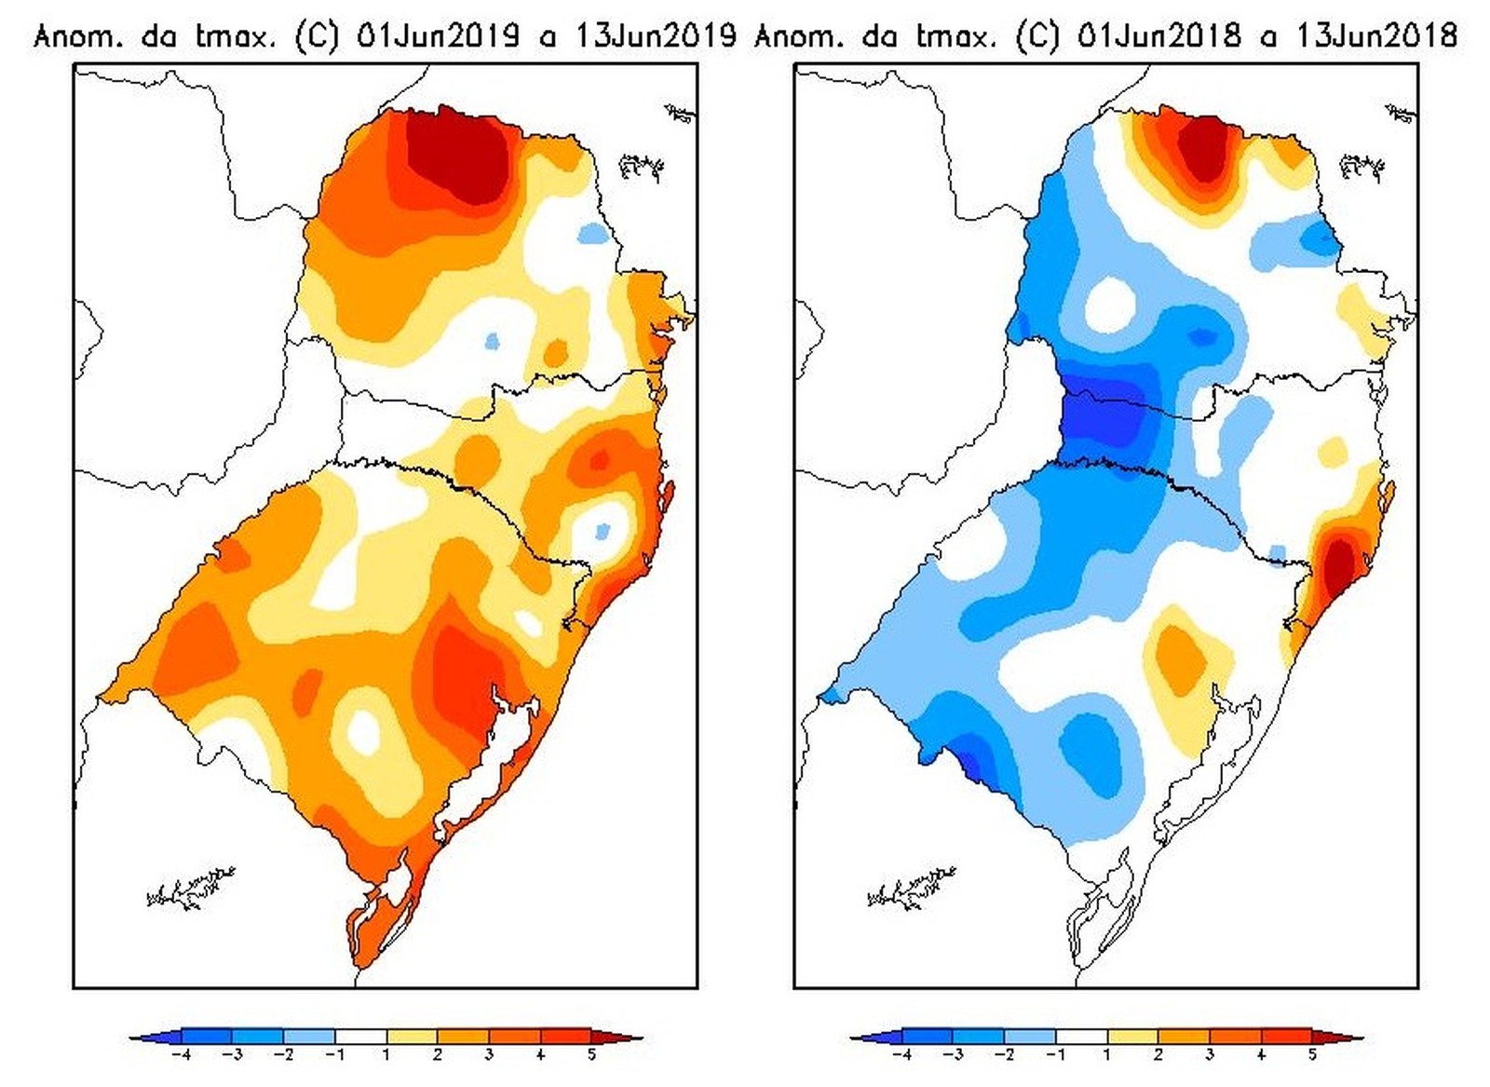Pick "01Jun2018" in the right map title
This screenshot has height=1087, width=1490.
click(1158, 36)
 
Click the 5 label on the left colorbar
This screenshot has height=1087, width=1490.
click(591, 1055)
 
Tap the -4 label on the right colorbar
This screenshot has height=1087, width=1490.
click(901, 1055)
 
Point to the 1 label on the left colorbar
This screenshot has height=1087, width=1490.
click(386, 1055)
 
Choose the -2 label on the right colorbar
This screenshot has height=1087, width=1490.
click(1004, 1055)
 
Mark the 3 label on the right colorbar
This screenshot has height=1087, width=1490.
click(1209, 1055)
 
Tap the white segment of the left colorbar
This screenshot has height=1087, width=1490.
click(360, 1036)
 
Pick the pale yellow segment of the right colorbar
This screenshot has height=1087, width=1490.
click(1132, 1036)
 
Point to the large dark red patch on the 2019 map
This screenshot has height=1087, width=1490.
click(456, 154)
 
